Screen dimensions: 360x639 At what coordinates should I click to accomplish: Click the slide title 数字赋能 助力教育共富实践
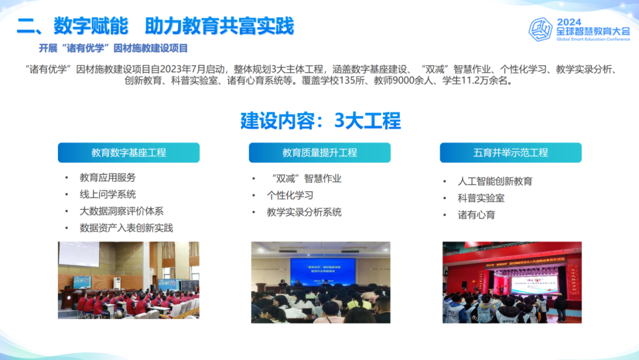[155, 26]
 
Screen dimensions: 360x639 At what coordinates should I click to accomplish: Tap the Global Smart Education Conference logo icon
[540, 28]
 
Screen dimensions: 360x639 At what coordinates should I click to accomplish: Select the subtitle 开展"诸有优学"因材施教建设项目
[113, 48]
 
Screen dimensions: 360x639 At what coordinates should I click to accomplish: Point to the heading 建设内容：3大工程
[320, 121]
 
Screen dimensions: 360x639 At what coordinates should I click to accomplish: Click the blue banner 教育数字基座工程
[128, 153]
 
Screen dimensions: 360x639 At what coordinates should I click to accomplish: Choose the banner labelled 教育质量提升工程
[319, 153]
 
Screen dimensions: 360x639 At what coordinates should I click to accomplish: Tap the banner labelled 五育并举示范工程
[511, 153]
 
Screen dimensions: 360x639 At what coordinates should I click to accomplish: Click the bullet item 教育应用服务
[108, 177]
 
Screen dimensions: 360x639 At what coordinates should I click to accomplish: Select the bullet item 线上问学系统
[108, 194]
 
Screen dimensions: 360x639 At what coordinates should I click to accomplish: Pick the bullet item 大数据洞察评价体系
[121, 211]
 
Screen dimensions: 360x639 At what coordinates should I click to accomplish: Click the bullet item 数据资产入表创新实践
[126, 228]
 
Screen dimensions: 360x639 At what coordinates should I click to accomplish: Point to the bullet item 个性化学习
[290, 195]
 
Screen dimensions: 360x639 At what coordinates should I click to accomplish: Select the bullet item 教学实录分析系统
[304, 212]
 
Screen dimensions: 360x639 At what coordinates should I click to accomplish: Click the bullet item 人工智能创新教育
[495, 181]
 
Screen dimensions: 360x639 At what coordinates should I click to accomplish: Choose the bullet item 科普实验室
[481, 198]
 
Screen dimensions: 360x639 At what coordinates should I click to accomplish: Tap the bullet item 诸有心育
[476, 215]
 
